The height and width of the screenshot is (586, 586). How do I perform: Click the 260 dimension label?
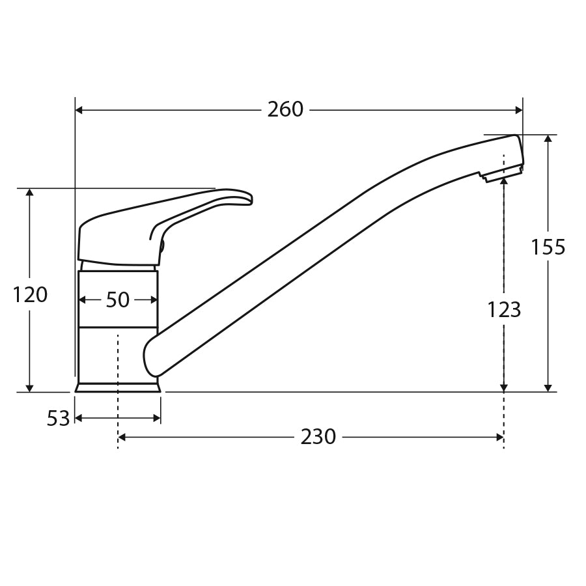(285, 109)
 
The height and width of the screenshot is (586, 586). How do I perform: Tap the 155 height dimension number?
(548, 247)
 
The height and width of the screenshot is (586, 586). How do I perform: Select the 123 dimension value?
(504, 310)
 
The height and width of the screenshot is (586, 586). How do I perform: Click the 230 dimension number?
(318, 436)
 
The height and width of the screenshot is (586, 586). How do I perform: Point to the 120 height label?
(30, 295)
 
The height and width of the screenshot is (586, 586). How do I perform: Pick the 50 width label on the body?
(117, 300)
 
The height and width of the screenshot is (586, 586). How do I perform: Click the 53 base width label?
(58, 419)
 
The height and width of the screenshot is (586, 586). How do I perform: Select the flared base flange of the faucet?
(118, 387)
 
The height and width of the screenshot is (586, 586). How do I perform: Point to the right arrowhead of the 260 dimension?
(519, 110)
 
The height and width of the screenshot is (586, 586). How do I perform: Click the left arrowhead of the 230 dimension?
(122, 437)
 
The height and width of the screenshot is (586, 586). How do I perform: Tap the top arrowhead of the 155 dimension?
(548, 139)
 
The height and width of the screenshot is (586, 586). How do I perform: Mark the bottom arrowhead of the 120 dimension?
(29, 387)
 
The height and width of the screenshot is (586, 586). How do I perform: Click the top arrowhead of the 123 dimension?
(504, 182)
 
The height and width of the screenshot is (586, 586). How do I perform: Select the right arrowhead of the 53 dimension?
(157, 418)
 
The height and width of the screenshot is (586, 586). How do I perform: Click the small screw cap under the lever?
(161, 245)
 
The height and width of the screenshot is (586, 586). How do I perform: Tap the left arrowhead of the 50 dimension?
(82, 300)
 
